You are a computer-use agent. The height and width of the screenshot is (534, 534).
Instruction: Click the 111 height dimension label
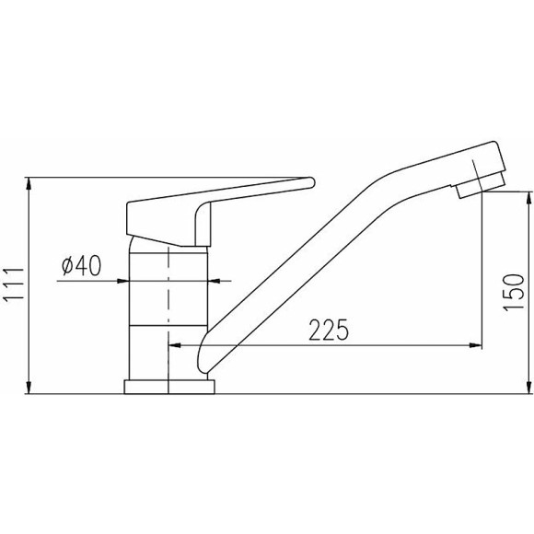pos(13,284)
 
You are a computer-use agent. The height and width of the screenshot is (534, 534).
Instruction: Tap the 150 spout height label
pos(514,292)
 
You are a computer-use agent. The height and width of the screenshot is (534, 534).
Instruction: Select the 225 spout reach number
pos(329,330)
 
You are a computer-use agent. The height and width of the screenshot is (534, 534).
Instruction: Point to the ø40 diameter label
pos(81,265)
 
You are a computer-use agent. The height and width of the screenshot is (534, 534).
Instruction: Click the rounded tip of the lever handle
pos(310,182)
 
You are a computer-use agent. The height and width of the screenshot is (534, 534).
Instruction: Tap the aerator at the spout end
pos(480,186)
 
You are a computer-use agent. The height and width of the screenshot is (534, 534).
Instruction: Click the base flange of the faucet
pos(169,387)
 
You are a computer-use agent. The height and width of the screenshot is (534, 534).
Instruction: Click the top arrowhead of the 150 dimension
pos(528,198)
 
